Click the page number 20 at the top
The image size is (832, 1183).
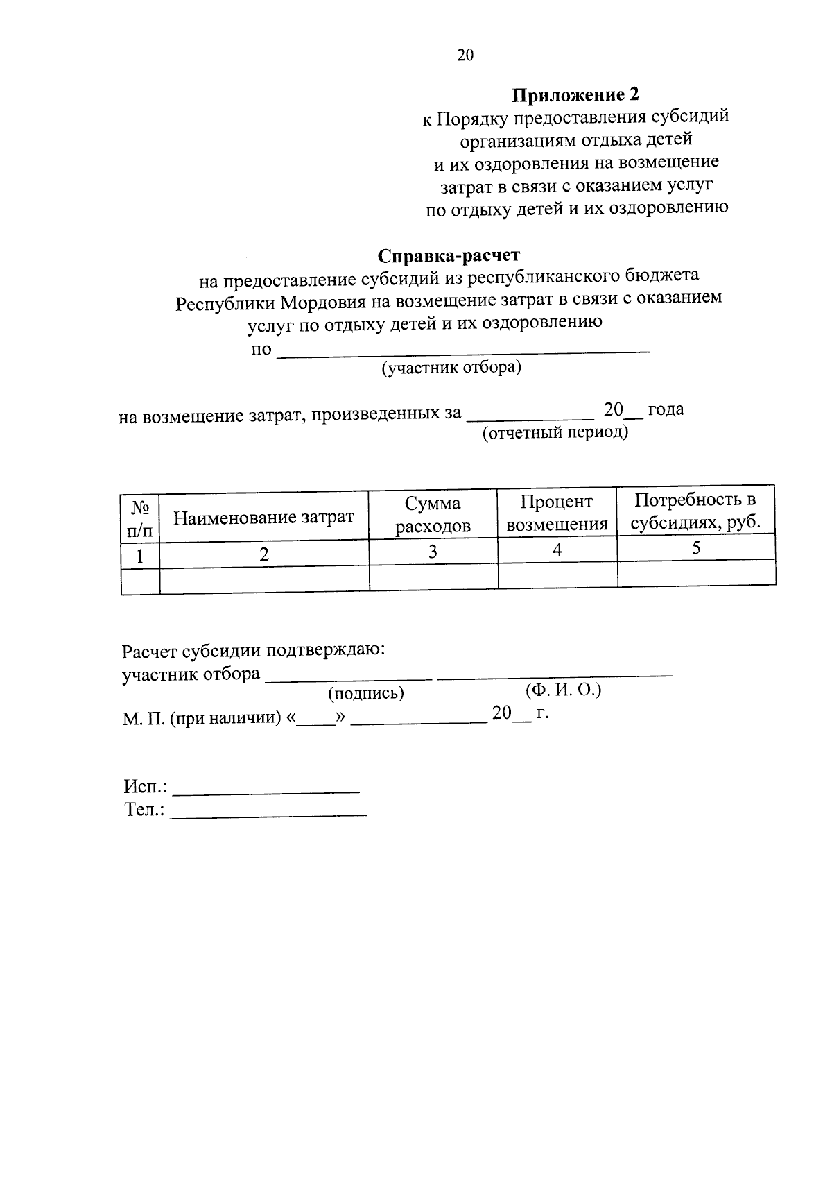[x=465, y=56]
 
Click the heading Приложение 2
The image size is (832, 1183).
[x=575, y=94]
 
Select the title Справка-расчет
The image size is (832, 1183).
[x=448, y=255]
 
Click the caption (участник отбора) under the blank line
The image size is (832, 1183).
[x=451, y=367]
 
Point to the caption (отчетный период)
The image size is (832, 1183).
[x=555, y=434]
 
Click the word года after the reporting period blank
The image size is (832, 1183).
[x=666, y=409]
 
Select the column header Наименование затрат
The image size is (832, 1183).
[x=263, y=517]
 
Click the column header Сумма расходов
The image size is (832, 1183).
[x=433, y=515]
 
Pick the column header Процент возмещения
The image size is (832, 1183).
[x=557, y=513]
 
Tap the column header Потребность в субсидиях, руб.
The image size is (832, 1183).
[x=695, y=511]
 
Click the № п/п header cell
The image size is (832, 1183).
[x=140, y=519]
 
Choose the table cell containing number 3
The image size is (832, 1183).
[x=433, y=552]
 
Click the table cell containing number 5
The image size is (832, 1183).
[x=696, y=547]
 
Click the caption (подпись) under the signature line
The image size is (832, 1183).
[x=365, y=693]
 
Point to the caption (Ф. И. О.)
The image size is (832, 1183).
[x=563, y=690]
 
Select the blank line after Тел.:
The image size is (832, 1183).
[x=268, y=813]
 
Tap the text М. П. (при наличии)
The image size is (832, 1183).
[x=201, y=719]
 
